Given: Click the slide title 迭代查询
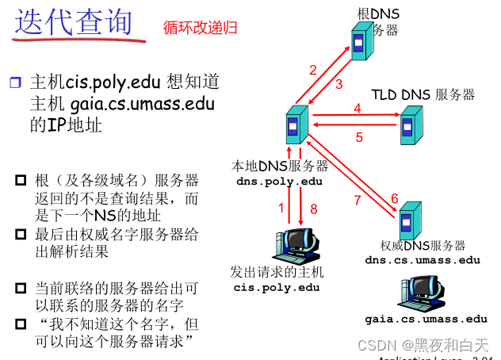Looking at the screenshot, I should point(74,21).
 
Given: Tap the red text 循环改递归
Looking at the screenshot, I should point(201,28).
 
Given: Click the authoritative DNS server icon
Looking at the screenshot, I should point(409,220).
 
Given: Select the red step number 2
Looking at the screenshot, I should point(313,69).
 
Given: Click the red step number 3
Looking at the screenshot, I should point(338,84).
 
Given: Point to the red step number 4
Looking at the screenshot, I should point(357,108).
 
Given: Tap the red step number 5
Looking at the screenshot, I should point(358,137).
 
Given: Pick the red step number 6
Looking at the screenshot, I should point(394,198).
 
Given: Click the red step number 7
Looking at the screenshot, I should point(357,200).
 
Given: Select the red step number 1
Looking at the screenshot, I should point(280,208).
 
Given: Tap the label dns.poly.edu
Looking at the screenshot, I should point(279,181).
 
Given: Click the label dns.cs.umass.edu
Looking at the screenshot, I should point(423,259).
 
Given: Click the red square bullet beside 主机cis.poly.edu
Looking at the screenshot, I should point(17,82).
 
